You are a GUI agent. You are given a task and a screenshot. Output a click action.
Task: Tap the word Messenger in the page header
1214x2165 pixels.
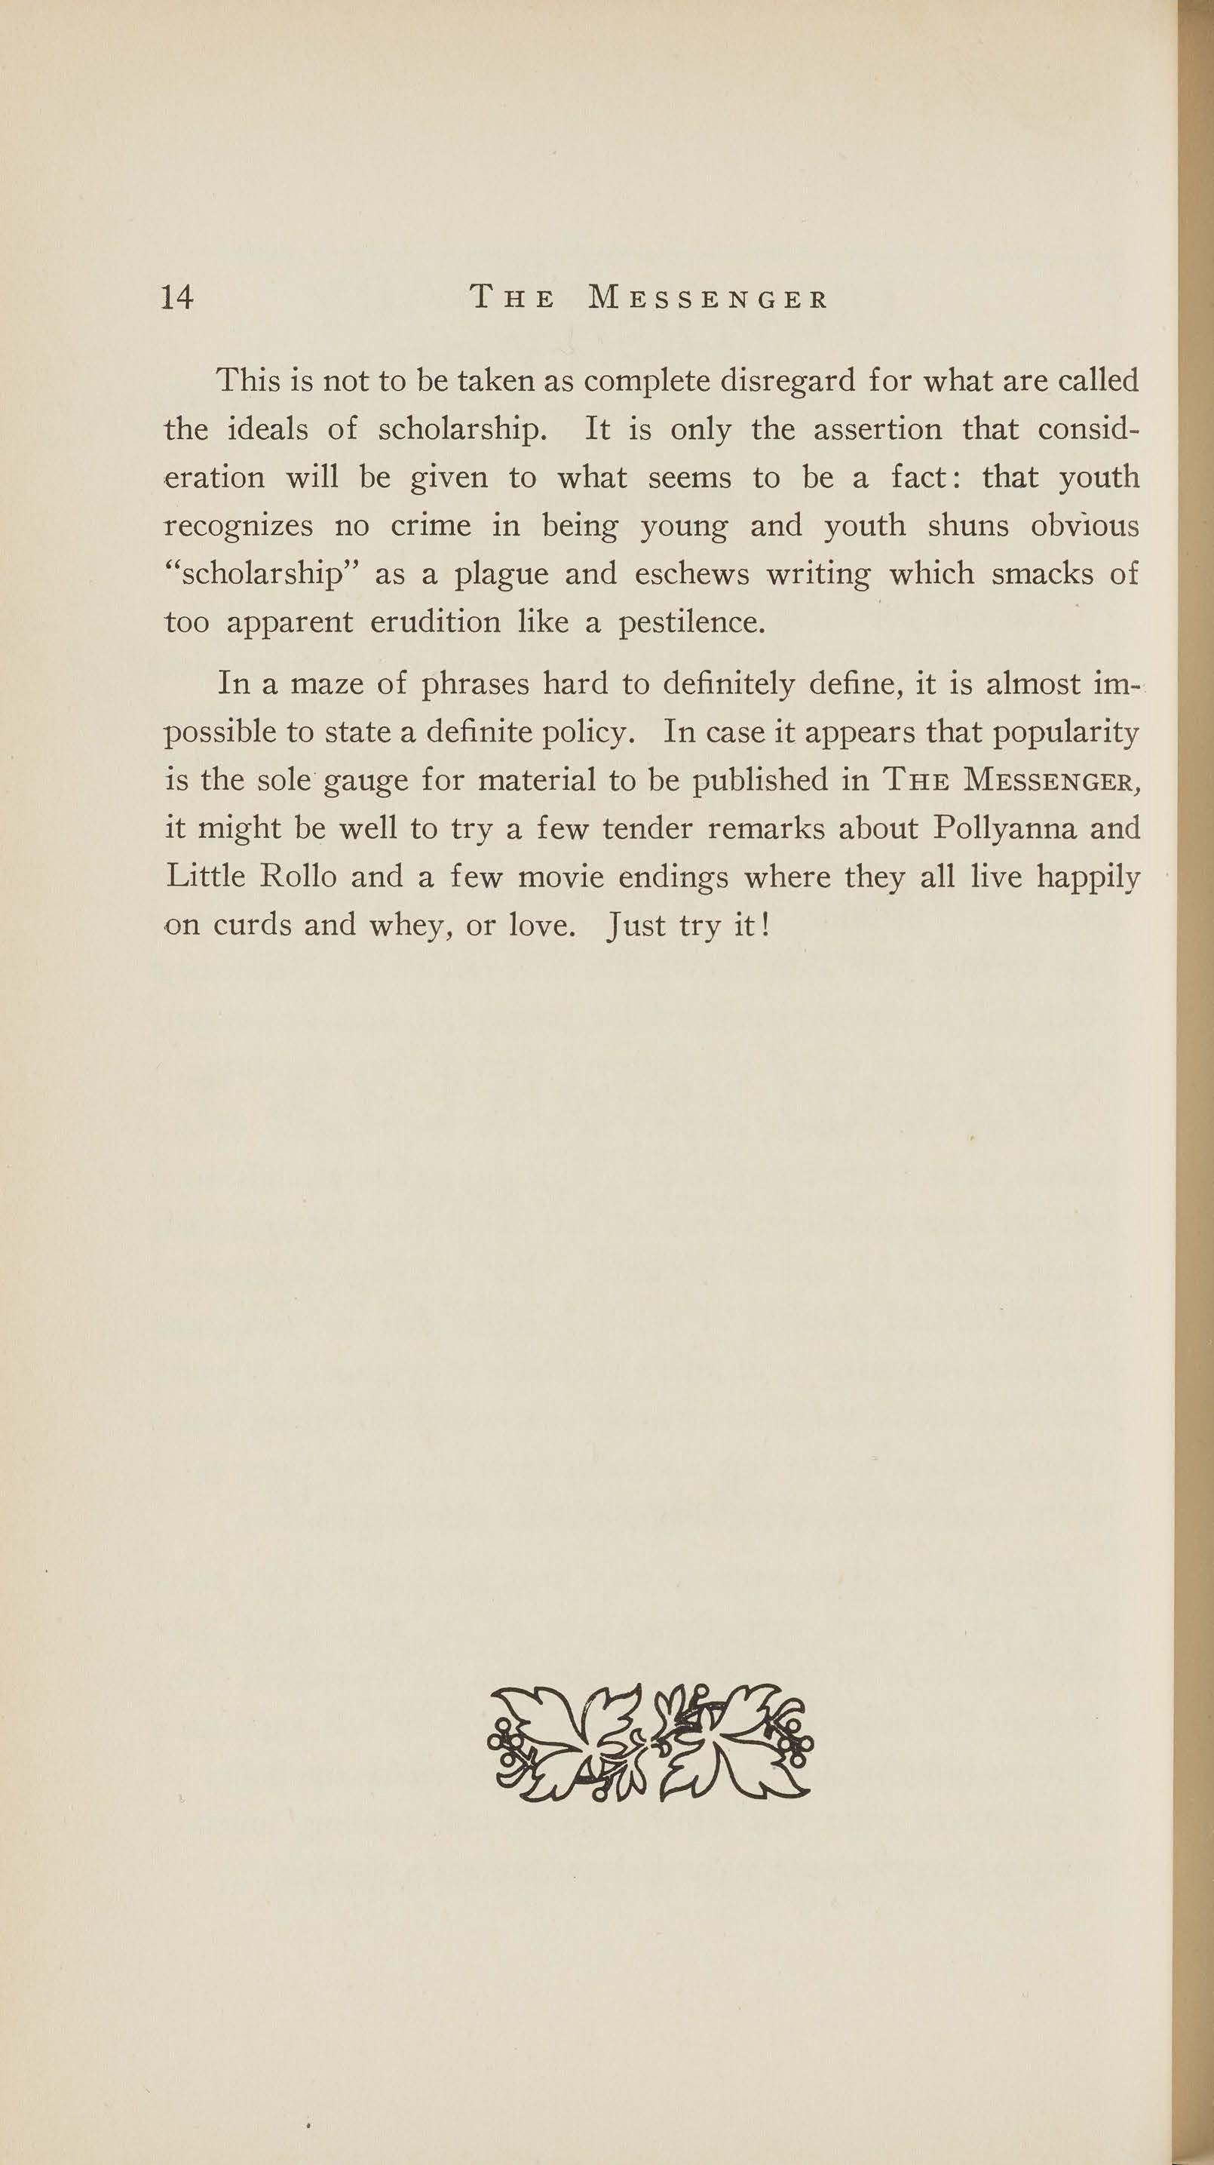point(708,299)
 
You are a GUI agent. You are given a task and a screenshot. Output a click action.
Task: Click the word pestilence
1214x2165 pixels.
point(691,624)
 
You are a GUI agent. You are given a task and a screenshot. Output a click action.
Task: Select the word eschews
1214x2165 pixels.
point(691,574)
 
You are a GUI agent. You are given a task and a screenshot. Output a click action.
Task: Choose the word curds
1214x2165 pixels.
point(250,926)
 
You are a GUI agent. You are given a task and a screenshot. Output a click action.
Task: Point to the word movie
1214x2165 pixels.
point(560,877)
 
